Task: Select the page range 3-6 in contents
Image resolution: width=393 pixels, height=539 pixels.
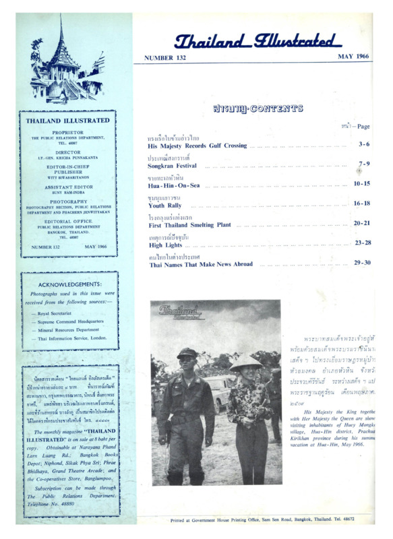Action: point(364,144)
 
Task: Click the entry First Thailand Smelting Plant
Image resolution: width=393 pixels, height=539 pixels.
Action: point(189,224)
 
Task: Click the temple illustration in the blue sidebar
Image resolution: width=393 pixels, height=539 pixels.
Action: point(65,64)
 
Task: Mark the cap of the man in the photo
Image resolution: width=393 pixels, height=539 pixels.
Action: point(187,352)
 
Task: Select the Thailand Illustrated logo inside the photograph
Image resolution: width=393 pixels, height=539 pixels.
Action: point(180,312)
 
